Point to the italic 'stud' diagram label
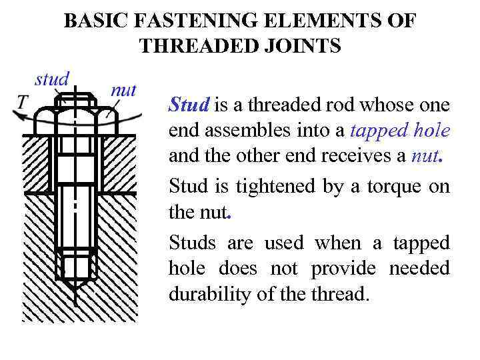pyautogui.click(x=52, y=79)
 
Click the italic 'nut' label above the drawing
pyautogui.click(x=123, y=90)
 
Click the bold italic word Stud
pyautogui.click(x=189, y=105)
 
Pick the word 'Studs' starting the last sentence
pyautogui.click(x=189, y=242)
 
